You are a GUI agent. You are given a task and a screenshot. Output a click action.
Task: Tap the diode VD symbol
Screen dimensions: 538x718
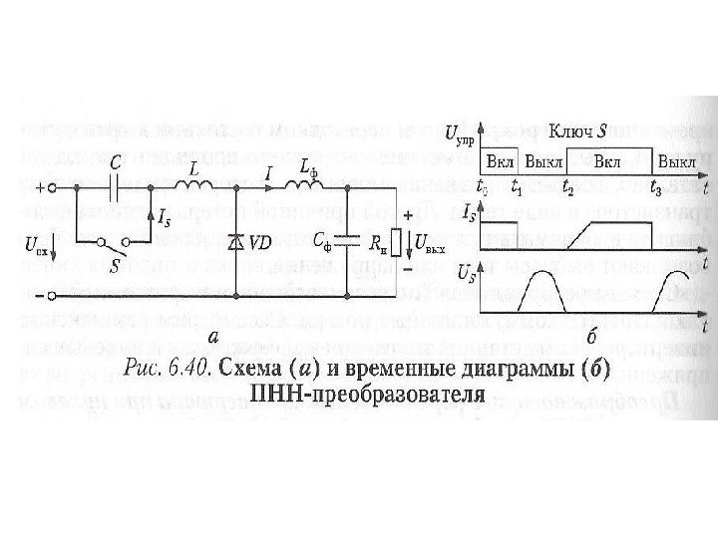[235, 242]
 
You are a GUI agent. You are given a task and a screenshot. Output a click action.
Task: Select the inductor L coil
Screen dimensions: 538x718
[190, 185]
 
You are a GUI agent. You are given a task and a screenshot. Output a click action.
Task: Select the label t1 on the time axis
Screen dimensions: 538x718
[517, 185]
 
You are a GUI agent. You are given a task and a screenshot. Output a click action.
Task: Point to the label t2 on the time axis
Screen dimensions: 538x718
[567, 185]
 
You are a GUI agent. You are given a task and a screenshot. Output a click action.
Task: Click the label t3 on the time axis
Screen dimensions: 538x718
[653, 185]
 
